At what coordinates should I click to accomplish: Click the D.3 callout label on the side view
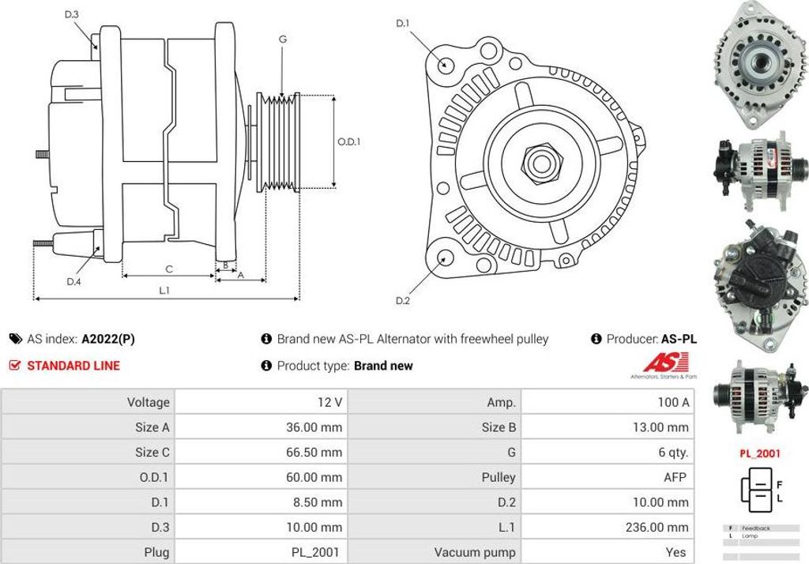click(x=71, y=14)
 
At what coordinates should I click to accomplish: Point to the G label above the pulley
click(x=282, y=39)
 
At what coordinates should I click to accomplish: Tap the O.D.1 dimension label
click(x=348, y=142)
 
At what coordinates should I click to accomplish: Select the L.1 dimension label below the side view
click(x=164, y=290)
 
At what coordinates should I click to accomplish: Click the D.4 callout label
click(x=73, y=281)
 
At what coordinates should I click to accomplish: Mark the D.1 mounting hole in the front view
click(x=446, y=65)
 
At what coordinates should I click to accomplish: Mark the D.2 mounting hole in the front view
click(x=446, y=258)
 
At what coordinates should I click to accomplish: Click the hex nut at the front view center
click(x=541, y=164)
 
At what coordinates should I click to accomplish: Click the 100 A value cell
click(x=673, y=402)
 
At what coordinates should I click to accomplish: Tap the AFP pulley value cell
click(x=675, y=477)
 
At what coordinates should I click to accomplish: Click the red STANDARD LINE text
click(x=73, y=366)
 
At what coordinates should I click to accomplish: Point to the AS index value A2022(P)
click(x=107, y=339)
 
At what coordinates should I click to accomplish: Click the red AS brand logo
click(x=662, y=364)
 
